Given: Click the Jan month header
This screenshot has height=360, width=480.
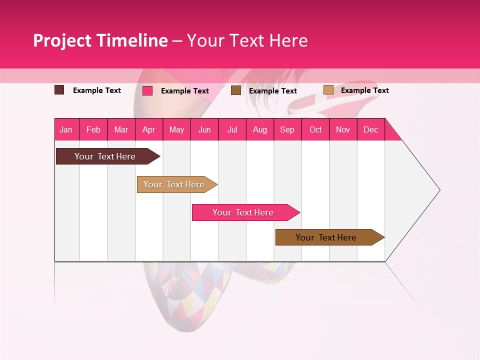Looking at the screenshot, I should tap(66, 129).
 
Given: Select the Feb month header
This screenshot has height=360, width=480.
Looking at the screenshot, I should tap(93, 129).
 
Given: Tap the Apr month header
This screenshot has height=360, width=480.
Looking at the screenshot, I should tap(149, 129).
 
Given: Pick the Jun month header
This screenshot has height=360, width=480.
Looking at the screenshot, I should tap(204, 129).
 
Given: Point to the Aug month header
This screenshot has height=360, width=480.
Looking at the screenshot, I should tap(260, 129).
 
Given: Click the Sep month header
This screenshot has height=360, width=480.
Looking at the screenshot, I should tap(287, 129).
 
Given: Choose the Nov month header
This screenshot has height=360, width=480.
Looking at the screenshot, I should tap(343, 129).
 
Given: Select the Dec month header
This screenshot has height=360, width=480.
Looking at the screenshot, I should tap(371, 129).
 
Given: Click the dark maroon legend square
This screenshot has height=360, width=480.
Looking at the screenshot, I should tap(59, 90).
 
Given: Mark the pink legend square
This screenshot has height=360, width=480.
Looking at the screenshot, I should tap(147, 90).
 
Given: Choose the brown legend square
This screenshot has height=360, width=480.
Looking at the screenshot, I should tap(236, 90).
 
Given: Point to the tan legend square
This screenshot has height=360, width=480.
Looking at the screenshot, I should tap(328, 90).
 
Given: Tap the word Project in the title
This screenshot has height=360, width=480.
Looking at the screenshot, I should tap(63, 40).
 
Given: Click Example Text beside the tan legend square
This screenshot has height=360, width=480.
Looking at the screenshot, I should tap(364, 90).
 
